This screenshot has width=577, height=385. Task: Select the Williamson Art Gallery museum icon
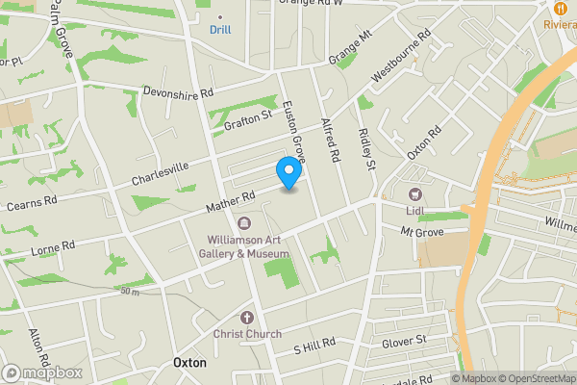pos(243,223)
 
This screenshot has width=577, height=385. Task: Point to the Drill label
pos(221,30)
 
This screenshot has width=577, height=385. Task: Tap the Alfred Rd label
pos(331,140)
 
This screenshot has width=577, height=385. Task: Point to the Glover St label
pos(402,341)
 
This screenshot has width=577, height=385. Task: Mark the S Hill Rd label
pos(314,343)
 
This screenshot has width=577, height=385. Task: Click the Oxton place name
pos(189,363)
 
